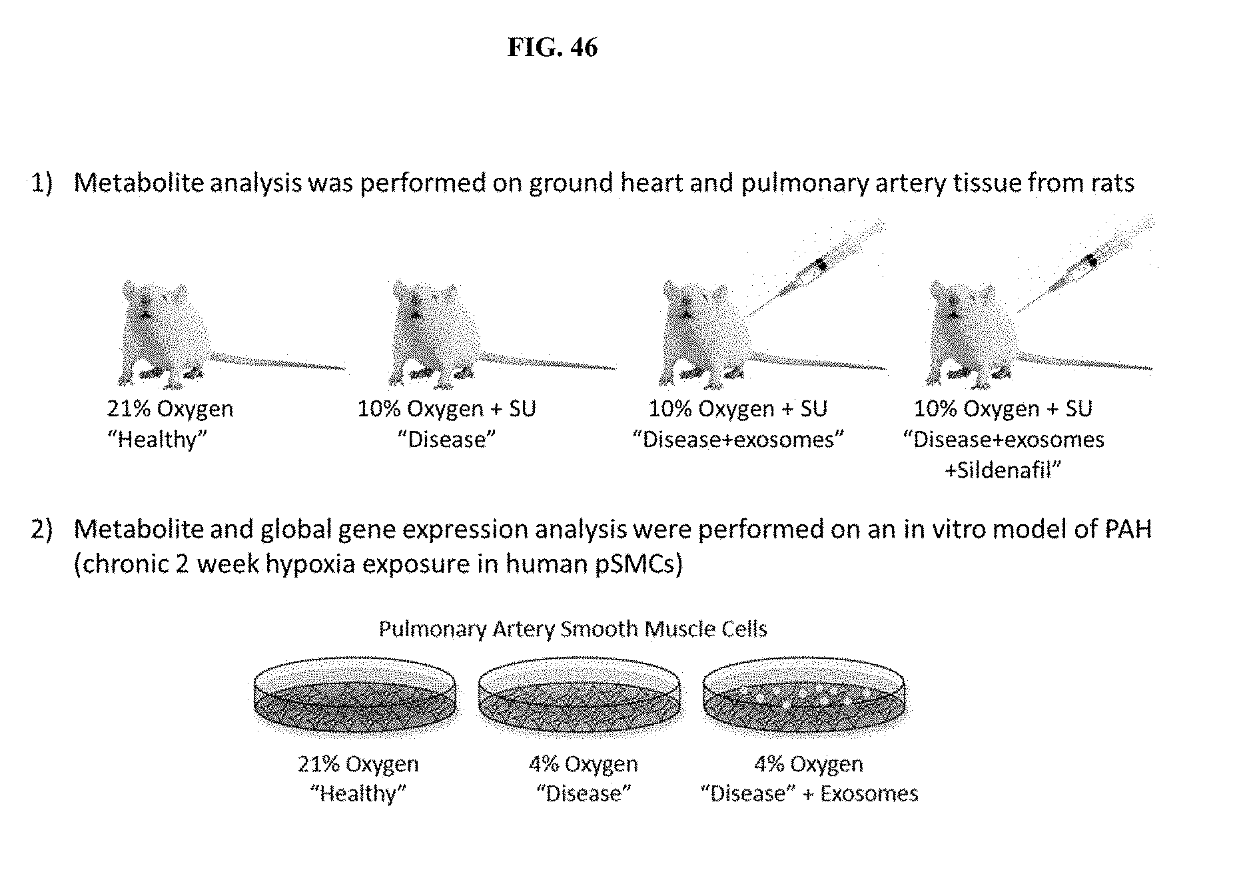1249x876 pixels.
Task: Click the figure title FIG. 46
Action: click(x=552, y=47)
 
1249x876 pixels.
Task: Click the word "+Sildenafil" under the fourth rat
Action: click(x=1003, y=470)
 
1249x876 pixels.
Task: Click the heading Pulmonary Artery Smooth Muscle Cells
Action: click(x=573, y=629)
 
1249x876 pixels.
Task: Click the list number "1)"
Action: click(x=41, y=183)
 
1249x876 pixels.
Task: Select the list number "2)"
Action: click(x=41, y=529)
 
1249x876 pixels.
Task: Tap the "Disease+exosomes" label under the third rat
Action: click(x=738, y=440)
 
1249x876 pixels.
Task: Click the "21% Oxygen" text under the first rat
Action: click(x=171, y=408)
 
